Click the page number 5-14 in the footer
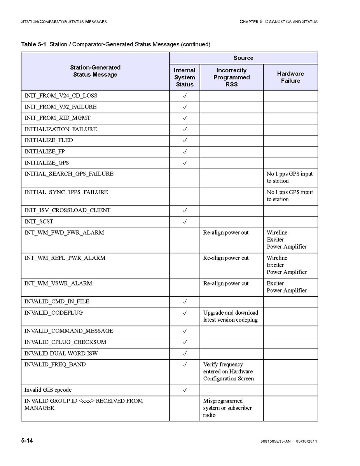(27, 441)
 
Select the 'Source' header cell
(243, 58)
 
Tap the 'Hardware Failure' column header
(290, 77)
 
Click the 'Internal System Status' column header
(184, 77)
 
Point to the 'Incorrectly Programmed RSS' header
(231, 77)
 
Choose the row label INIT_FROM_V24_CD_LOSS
(61, 96)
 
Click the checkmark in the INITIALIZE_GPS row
(185, 163)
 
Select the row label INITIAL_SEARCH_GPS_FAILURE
(69, 174)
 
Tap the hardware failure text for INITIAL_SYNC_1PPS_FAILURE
(289, 196)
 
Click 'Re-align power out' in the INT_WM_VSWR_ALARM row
(226, 284)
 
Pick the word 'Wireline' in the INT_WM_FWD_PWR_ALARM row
(277, 233)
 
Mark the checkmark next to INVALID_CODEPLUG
(185, 313)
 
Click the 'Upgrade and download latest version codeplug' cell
(231, 316)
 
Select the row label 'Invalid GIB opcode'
(48, 390)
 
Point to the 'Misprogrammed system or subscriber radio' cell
(227, 408)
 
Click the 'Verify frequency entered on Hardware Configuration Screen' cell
(228, 371)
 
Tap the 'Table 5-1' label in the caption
(33, 44)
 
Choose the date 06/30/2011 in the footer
(306, 441)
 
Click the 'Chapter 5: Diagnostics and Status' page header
(278, 21)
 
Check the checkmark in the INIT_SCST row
(185, 222)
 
